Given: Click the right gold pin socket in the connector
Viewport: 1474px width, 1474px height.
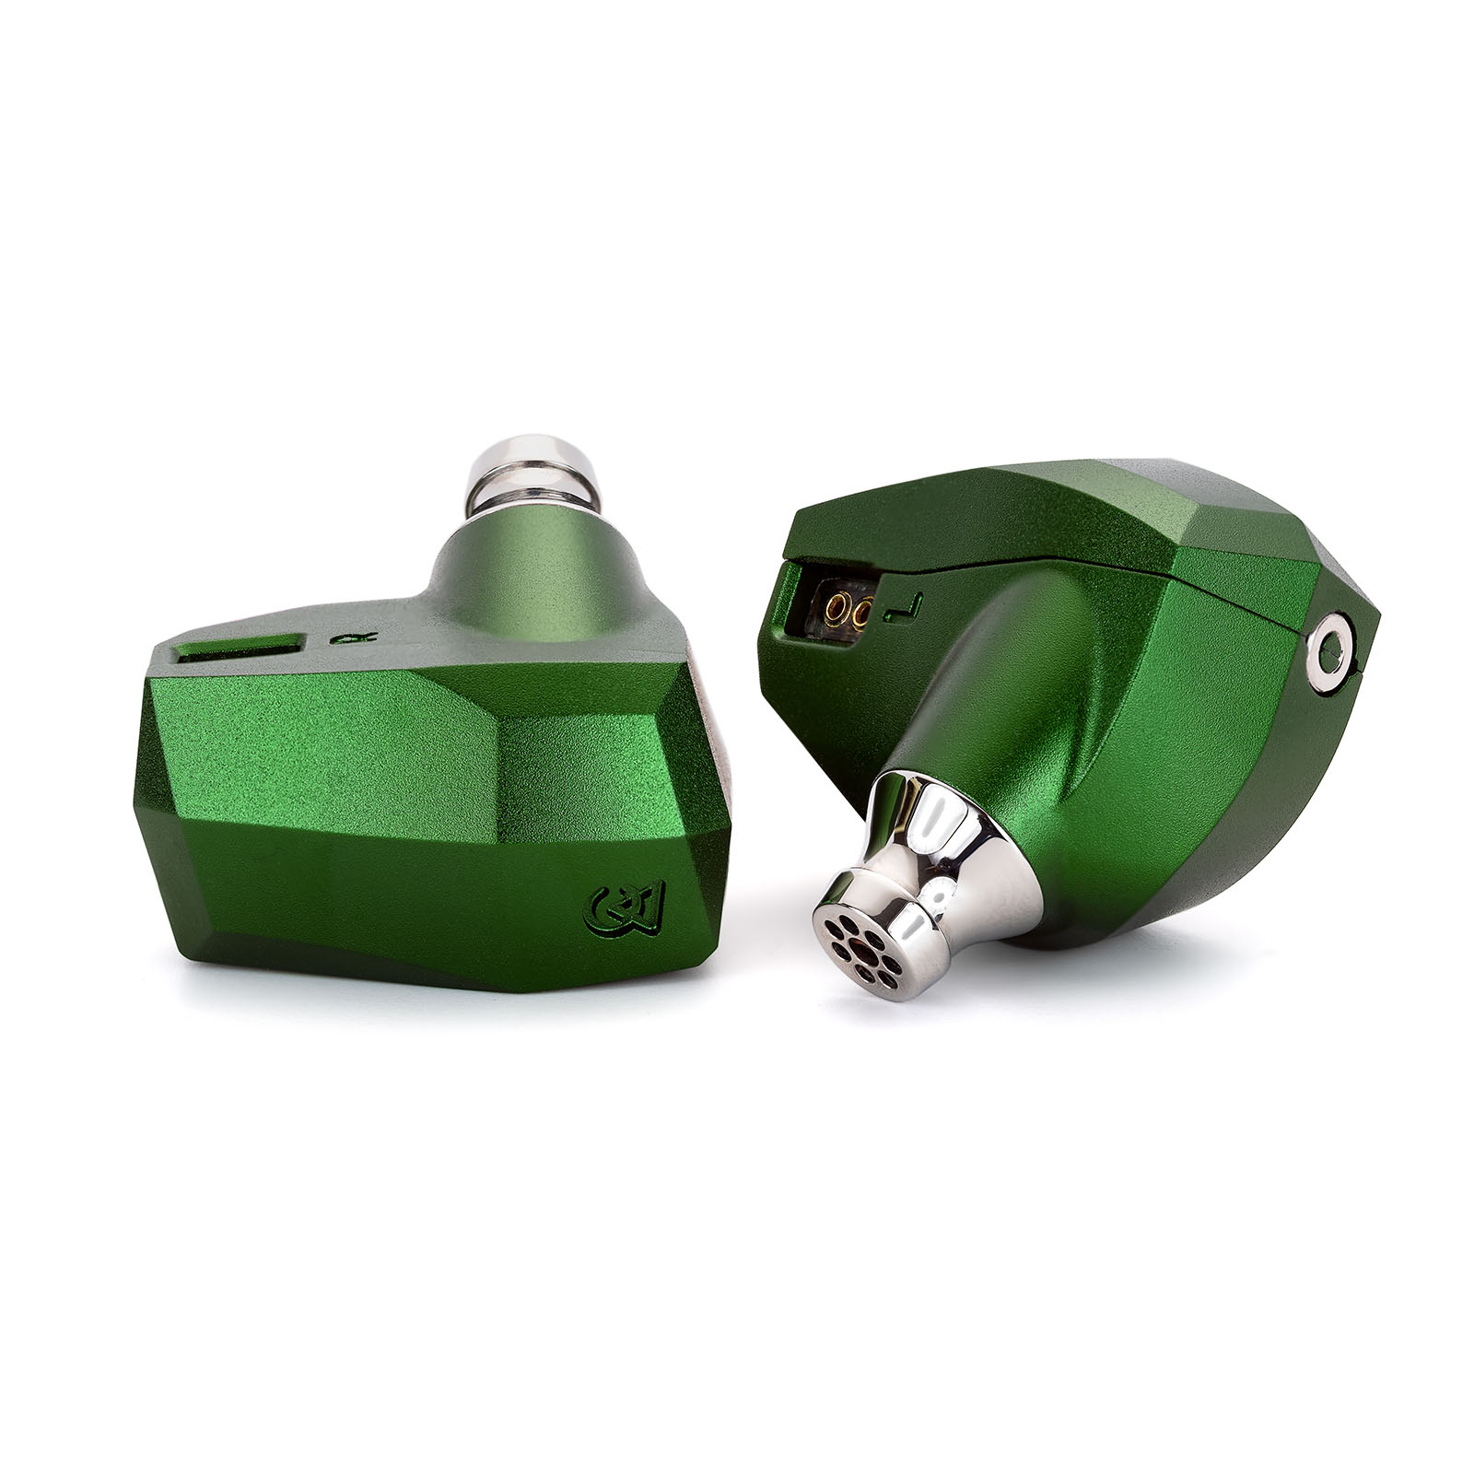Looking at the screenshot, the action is pyautogui.click(x=864, y=611).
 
